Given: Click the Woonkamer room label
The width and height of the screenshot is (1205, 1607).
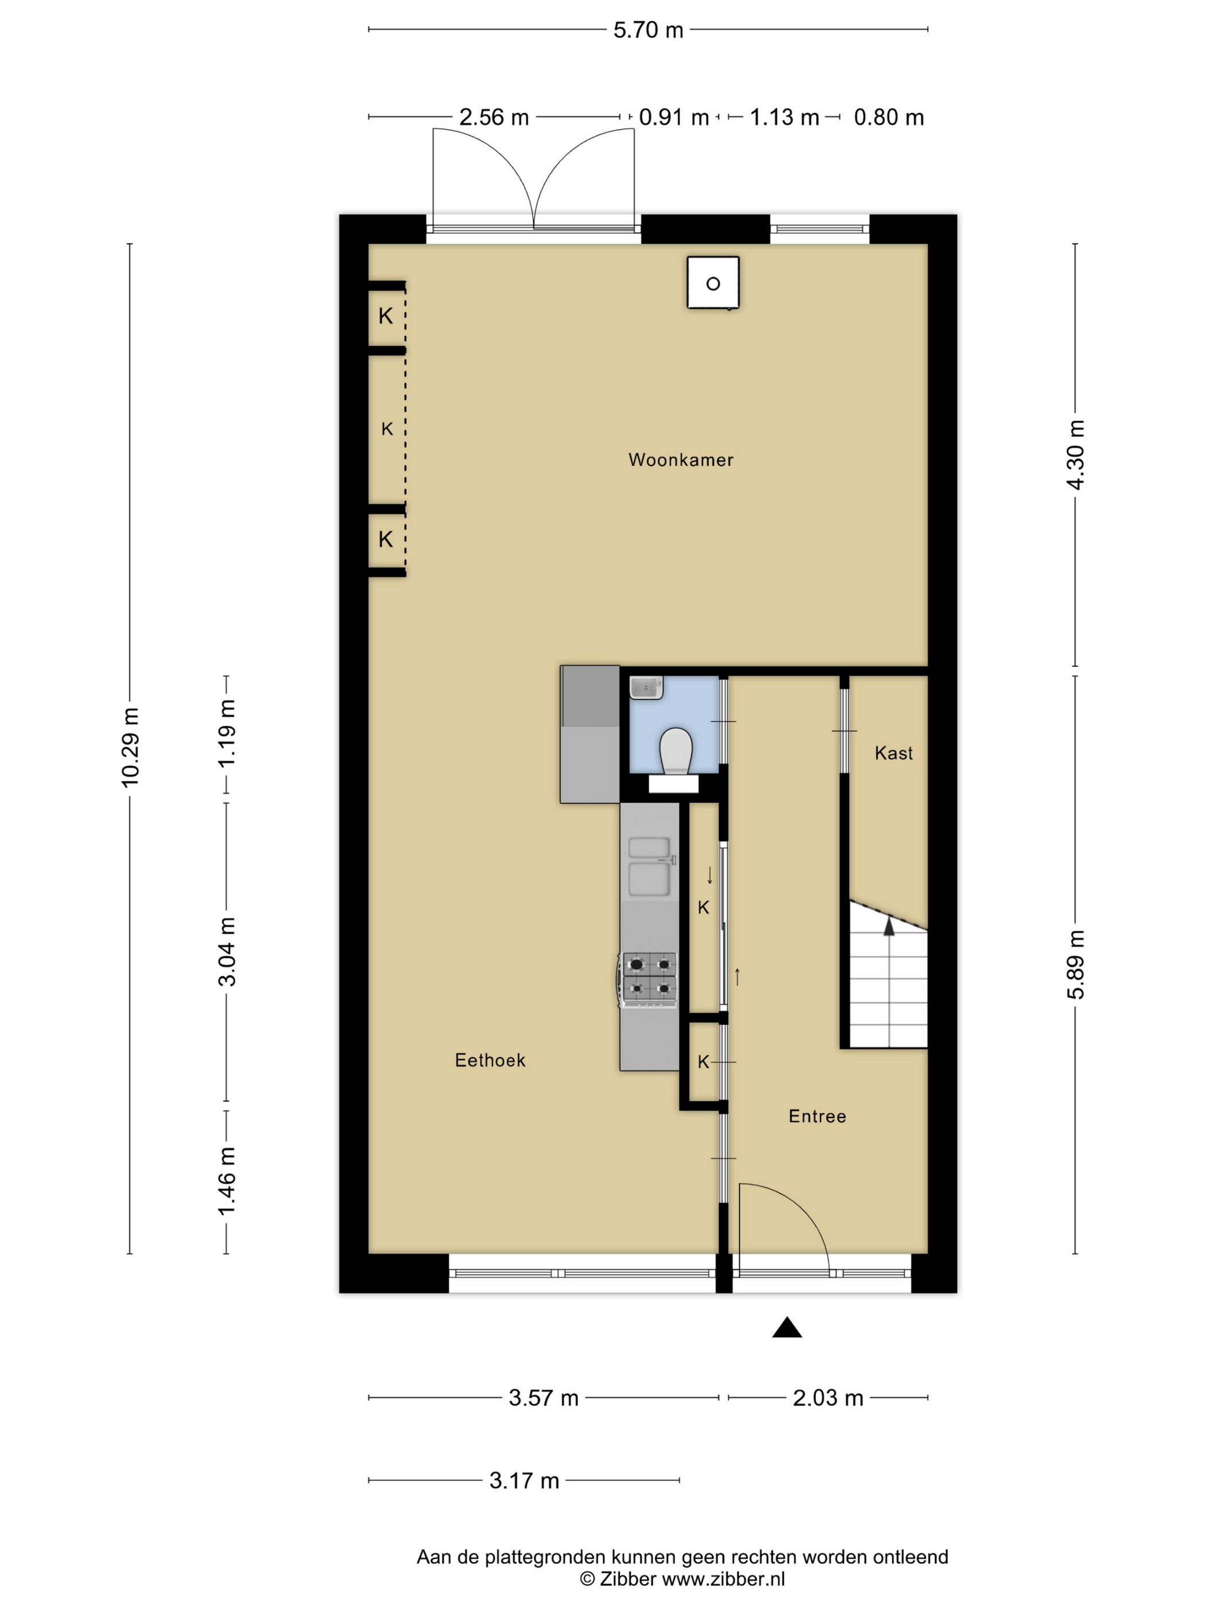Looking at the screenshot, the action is coord(681,460).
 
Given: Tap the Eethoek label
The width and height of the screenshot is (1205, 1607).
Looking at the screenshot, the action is coord(490,1060).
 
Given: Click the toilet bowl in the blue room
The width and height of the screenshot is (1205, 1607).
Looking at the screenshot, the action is coord(675,750).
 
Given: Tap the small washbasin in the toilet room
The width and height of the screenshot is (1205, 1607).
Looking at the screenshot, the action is coord(646,687).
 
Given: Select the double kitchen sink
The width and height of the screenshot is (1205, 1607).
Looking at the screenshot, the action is coord(650,867).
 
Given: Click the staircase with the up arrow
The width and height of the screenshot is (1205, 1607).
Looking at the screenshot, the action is coord(888,973).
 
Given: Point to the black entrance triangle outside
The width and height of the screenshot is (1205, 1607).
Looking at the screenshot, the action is coord(787,1327).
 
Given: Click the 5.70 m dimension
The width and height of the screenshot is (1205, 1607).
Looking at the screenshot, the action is coord(648,30).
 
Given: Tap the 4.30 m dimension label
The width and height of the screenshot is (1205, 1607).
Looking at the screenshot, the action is coord(1076,455).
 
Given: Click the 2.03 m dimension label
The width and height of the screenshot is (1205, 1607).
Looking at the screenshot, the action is coord(828,1397).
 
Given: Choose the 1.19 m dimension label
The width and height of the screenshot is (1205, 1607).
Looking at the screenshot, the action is coord(227,732).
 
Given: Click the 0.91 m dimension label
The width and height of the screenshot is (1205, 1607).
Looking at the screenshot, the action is coord(673,117).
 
